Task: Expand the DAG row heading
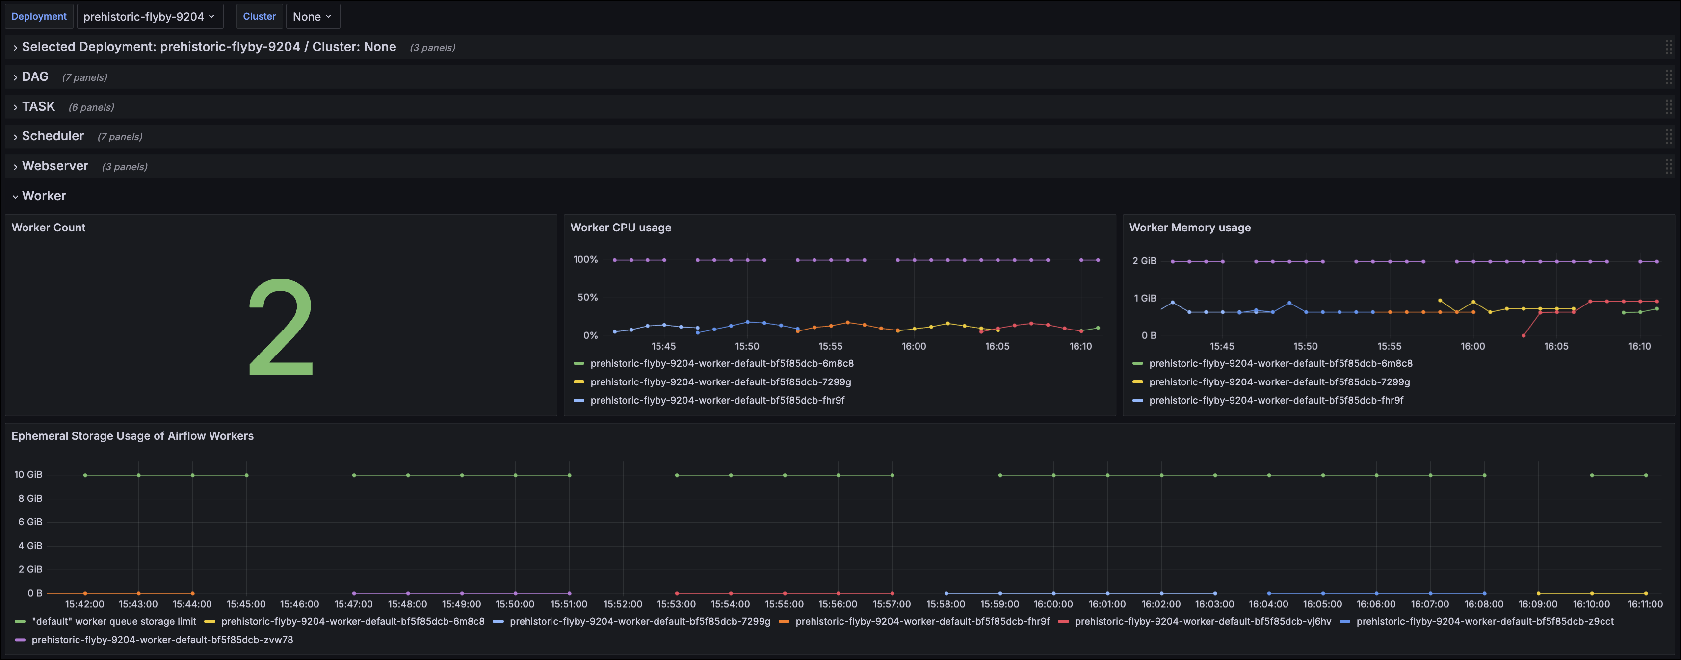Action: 35,77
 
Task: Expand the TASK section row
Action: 38,106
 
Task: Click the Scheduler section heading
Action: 53,136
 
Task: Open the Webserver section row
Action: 55,166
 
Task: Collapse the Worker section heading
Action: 44,196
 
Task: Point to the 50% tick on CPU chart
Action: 587,297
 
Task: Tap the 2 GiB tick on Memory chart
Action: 1143,261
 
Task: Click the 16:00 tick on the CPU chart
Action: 913,346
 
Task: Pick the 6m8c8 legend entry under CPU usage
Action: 721,364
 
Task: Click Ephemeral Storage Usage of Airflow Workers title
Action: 132,435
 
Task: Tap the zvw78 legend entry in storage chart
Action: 162,640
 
